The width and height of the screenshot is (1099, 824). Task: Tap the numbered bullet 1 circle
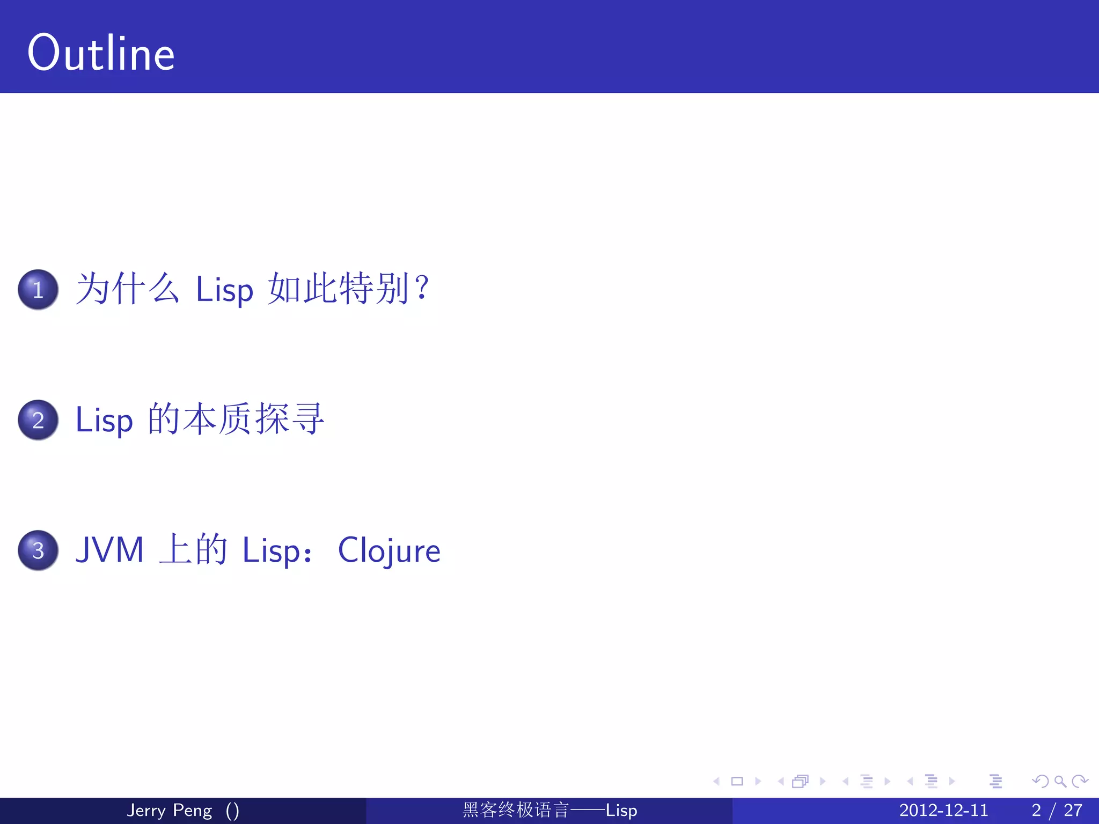pos(38,290)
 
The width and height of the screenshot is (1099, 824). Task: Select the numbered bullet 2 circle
pos(38,420)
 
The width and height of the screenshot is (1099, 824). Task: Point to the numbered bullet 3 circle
pos(38,550)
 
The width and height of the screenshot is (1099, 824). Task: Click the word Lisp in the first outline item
pos(224,290)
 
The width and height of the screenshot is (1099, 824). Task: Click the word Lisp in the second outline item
pos(104,420)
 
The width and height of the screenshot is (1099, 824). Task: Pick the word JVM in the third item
pos(110,550)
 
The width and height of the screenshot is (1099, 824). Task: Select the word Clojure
pos(389,550)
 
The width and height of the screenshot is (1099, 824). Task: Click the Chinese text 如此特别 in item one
pos(338,289)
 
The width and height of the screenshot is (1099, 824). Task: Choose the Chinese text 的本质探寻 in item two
pos(236,419)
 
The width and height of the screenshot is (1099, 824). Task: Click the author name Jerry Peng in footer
pos(169,810)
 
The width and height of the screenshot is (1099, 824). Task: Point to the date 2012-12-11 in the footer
pos(943,810)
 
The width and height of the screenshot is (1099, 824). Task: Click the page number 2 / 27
pos(1057,810)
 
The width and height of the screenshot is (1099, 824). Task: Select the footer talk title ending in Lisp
pos(549,810)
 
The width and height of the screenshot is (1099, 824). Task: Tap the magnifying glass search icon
pos(1060,782)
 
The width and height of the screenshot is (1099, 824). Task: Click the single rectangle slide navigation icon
pos(737,782)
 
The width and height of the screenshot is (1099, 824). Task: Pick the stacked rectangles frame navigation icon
pos(800,782)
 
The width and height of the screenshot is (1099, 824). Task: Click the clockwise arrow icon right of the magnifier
pos(1080,782)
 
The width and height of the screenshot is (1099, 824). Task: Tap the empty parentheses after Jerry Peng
pos(232,810)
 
